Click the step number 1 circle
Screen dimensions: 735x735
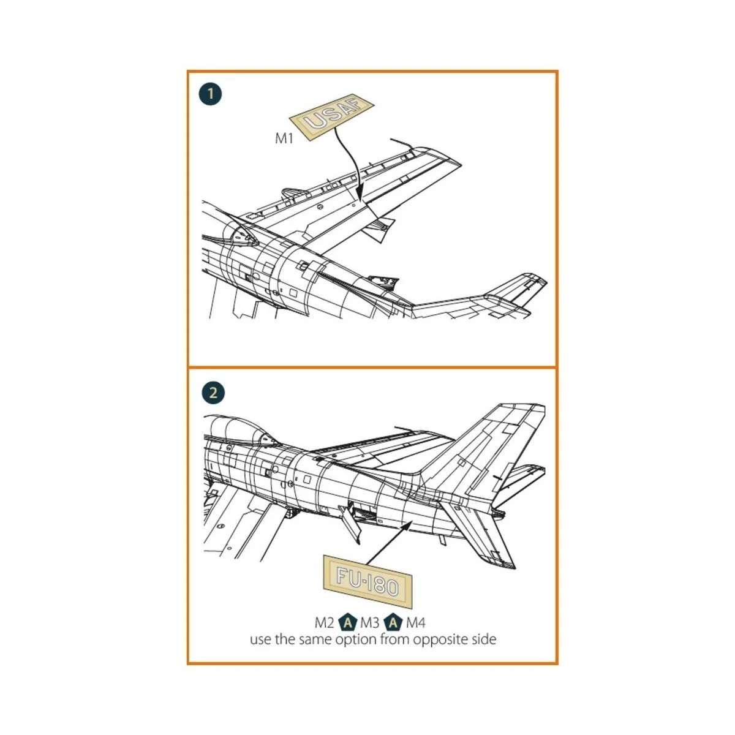(211, 94)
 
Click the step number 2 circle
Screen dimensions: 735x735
(213, 393)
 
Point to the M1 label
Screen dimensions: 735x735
(284, 138)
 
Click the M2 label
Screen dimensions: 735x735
(325, 624)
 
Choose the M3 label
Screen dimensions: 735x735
(370, 624)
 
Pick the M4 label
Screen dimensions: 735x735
(415, 624)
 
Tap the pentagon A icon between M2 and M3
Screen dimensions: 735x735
(348, 624)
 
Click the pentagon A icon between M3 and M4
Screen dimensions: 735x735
(393, 624)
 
